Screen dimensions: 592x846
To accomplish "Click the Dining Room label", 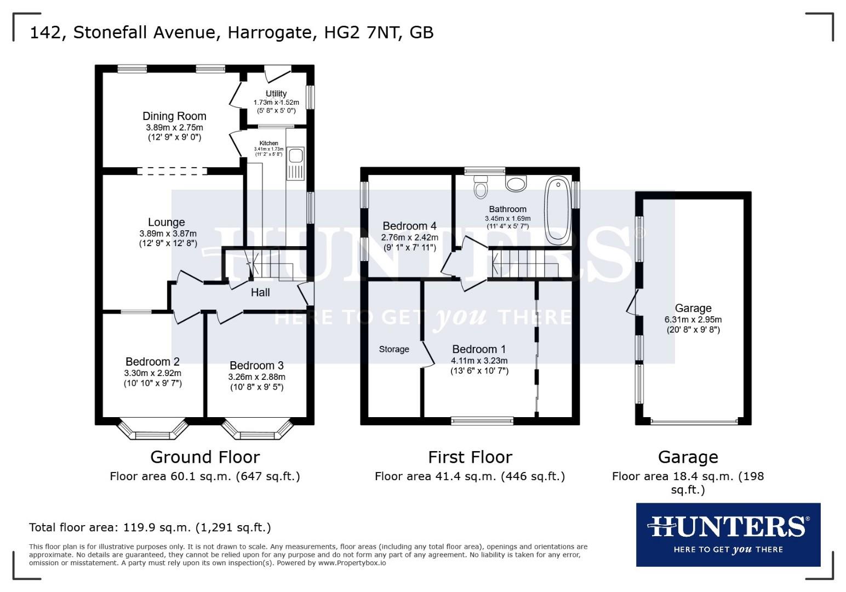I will pos(174,116).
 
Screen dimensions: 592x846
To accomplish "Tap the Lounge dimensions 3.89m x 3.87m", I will pos(168,233).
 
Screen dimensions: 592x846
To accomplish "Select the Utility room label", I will pos(276,93).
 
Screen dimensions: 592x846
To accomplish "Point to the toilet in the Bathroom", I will pos(481,186).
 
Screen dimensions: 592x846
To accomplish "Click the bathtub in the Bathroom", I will pos(557,209).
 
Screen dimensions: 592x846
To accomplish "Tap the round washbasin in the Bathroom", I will pos(516,184).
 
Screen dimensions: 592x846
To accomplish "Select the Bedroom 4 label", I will pos(409,226).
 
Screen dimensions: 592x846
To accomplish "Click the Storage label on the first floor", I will pos(394,349).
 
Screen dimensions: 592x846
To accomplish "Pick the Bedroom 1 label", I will pos(479,349).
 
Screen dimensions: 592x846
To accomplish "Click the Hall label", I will pos(260,293).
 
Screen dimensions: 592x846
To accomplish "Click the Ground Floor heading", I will pos(205,457).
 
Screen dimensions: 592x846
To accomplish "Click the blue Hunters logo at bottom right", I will pos(728,534).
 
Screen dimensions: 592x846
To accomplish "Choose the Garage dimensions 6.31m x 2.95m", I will pos(693,320).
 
